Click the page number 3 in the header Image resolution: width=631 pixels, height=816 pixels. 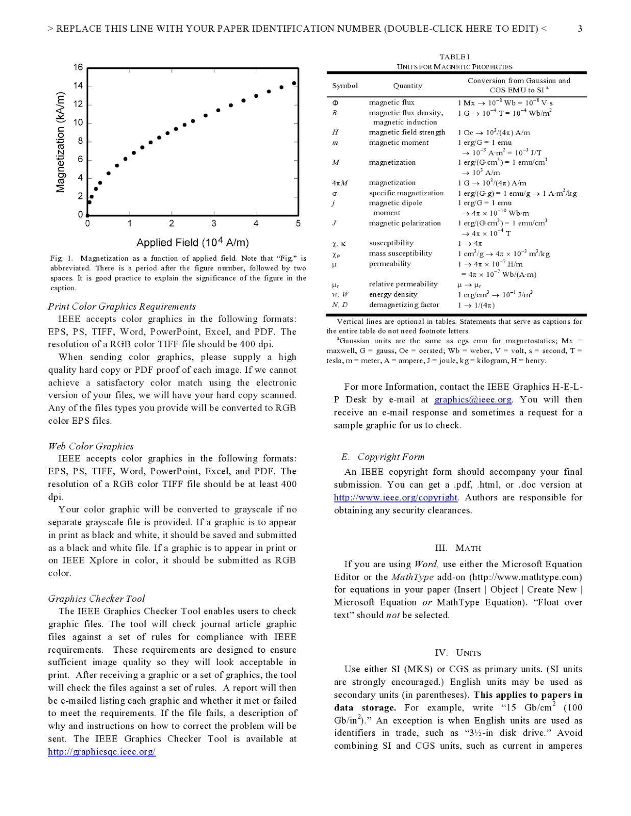pyautogui.click(x=580, y=29)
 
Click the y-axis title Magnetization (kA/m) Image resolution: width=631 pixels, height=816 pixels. pyautogui.click(x=60, y=142)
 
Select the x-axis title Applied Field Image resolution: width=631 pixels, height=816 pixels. pyautogui.click(x=192, y=242)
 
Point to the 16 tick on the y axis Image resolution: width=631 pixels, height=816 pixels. pyautogui.click(x=78, y=67)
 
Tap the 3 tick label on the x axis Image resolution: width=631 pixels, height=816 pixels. pyautogui.click(x=213, y=223)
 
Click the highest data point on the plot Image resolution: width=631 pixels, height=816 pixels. pyautogui.click(x=294, y=83)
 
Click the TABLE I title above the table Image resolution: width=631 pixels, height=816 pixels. pyautogui.click(x=454, y=57)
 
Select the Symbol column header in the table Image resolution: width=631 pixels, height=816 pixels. pyautogui.click(x=345, y=86)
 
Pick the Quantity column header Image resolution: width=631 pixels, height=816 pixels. pyautogui.click(x=407, y=86)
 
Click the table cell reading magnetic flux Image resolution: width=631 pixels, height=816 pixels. pyautogui.click(x=392, y=103)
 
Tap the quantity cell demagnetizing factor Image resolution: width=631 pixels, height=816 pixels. pyautogui.click(x=404, y=305)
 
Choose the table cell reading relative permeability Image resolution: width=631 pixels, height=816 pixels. pyautogui.click(x=403, y=284)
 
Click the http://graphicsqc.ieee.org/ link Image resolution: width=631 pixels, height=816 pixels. pyautogui.click(x=102, y=752)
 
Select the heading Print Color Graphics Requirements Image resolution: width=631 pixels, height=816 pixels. pyautogui.click(x=122, y=307)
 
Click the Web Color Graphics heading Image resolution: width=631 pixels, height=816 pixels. pyautogui.click(x=91, y=446)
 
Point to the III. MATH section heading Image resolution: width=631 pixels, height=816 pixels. pyautogui.click(x=457, y=548)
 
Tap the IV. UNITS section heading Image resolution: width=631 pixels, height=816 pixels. pyautogui.click(x=457, y=653)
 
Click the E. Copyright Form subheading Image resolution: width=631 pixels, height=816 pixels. pyautogui.click(x=383, y=457)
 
